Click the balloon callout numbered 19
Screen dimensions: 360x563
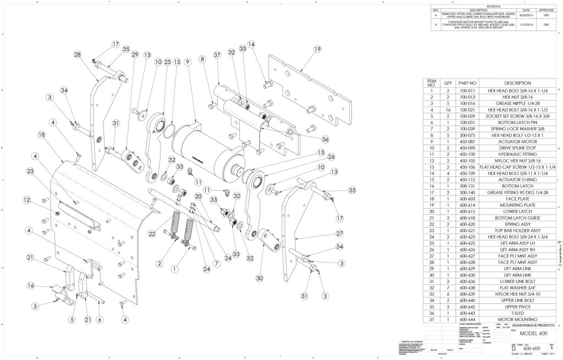click(x=317, y=49)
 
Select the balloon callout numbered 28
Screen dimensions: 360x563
click(x=78, y=54)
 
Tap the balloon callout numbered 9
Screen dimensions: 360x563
click(x=188, y=62)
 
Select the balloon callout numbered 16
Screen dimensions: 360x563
click(x=31, y=286)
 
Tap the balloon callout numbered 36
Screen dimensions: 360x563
click(x=325, y=139)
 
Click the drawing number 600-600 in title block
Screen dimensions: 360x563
click(x=530, y=348)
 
